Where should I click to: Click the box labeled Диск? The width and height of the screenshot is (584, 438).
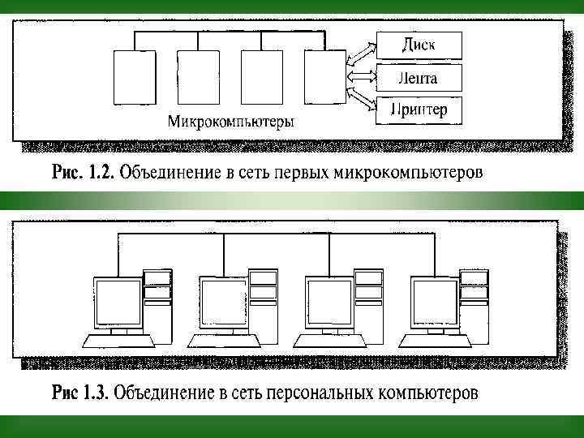[419, 45]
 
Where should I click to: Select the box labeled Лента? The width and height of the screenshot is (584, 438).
[419, 78]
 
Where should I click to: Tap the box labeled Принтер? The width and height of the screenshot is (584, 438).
[419, 109]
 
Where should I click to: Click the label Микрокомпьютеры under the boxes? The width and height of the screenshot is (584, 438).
[231, 122]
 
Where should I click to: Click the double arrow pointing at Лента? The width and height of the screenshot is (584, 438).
[362, 77]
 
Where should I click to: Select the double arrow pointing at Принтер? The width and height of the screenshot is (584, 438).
[362, 103]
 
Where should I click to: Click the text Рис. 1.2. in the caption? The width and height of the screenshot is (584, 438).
[84, 173]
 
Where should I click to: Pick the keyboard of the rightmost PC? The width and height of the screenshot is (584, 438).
[435, 341]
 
